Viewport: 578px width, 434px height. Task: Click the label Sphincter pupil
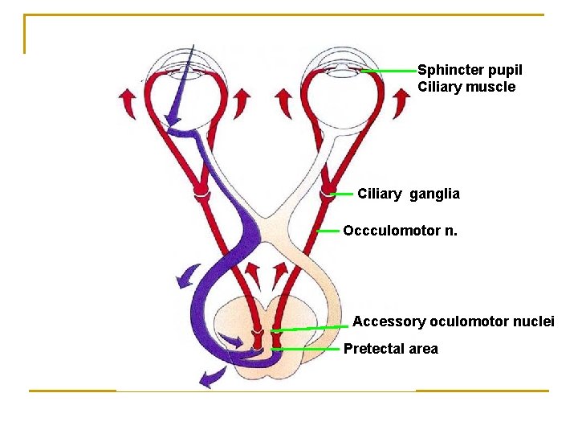point(470,71)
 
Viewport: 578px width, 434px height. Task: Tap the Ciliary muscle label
point(466,87)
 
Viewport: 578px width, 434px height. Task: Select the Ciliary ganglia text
point(409,194)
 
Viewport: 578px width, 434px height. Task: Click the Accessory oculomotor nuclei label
point(453,321)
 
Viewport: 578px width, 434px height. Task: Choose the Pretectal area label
point(390,349)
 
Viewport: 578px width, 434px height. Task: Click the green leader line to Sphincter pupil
point(389,72)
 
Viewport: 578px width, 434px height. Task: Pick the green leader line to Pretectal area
point(309,349)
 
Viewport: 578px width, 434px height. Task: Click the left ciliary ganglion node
point(201,194)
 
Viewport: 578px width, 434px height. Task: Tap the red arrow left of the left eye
point(127,104)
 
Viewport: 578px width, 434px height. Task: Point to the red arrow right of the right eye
point(401,104)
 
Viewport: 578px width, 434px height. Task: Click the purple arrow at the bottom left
point(210,376)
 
